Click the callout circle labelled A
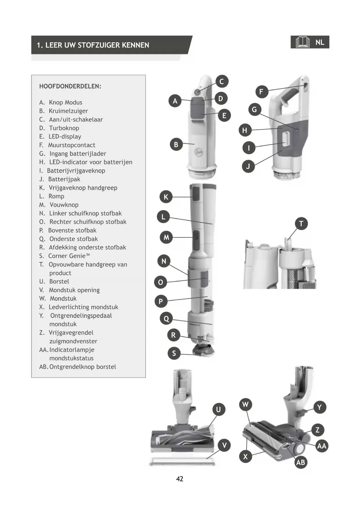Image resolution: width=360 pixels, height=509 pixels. (x=175, y=101)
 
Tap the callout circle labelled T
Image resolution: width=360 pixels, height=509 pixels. (x=301, y=224)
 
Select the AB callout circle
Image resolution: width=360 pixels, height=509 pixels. (x=301, y=462)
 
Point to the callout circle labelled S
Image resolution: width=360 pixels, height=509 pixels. (x=174, y=353)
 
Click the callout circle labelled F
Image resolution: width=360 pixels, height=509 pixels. (x=261, y=92)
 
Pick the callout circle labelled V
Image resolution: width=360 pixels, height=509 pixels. (x=224, y=445)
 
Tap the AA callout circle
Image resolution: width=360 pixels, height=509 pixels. (x=322, y=446)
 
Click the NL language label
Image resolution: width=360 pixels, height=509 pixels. (x=320, y=42)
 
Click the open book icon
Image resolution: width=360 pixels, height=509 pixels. (x=302, y=42)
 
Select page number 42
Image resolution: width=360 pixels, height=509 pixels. (x=180, y=479)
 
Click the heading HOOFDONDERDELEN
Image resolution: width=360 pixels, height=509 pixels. (x=70, y=86)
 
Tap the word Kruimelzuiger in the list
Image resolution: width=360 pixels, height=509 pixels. (x=68, y=111)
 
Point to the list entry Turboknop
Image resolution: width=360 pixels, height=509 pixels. (x=64, y=128)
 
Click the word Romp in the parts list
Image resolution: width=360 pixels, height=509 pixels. (x=56, y=196)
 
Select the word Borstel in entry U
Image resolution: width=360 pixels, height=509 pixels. (x=59, y=281)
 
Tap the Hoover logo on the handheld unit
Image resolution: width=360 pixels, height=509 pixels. (x=199, y=151)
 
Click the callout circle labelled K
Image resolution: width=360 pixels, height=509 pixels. (x=166, y=197)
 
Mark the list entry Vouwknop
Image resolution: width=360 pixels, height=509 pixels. (x=64, y=205)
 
